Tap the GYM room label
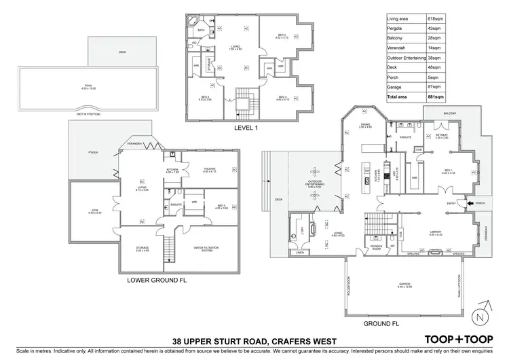pos(95,211)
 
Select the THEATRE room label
pos(208,170)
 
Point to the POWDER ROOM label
pos(377,247)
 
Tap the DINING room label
pos(365,125)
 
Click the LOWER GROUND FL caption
pos(155,279)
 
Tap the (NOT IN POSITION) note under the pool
pos(87,114)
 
